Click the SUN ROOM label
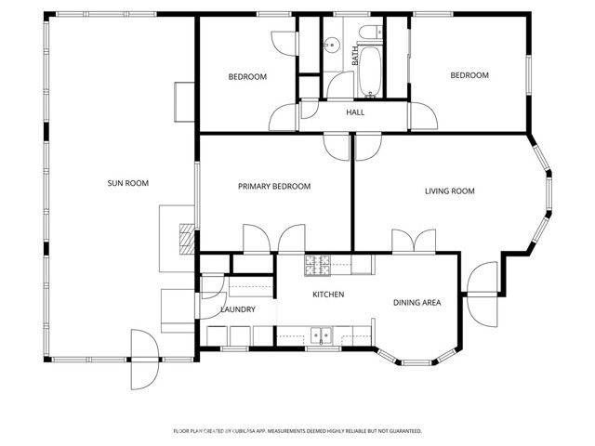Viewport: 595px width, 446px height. (128, 183)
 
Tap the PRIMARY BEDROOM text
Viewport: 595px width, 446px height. (273, 187)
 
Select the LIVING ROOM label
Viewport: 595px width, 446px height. (449, 191)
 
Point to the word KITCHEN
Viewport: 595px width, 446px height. (328, 295)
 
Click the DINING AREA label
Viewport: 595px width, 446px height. (416, 302)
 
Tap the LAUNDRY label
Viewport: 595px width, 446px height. (237, 309)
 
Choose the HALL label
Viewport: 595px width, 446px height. (355, 112)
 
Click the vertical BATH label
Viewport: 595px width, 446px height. (354, 56)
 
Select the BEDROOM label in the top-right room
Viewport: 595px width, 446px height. (469, 76)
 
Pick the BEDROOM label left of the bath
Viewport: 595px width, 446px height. (247, 76)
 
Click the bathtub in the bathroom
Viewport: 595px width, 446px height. (368, 72)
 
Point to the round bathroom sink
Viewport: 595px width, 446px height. (329, 43)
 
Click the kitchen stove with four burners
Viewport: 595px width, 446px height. (316, 265)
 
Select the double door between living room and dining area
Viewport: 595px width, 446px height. (415, 241)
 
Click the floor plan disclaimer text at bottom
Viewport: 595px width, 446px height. (297, 431)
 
